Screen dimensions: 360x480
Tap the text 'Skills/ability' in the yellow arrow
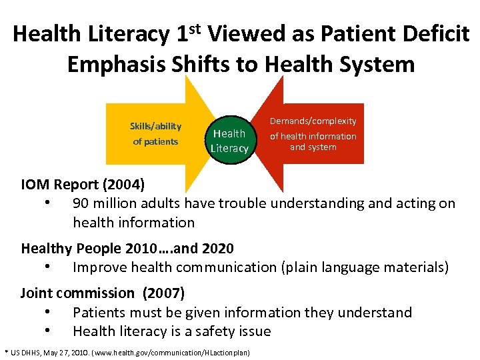point(155,126)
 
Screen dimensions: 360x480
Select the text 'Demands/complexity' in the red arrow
point(313,121)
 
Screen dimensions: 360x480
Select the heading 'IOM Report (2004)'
point(82,183)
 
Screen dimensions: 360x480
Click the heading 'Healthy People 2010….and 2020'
point(127,249)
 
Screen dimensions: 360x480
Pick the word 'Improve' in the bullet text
point(97,267)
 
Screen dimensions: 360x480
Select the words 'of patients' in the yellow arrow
point(155,141)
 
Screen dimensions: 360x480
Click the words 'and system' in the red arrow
point(313,147)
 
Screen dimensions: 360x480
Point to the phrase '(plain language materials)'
point(365,267)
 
